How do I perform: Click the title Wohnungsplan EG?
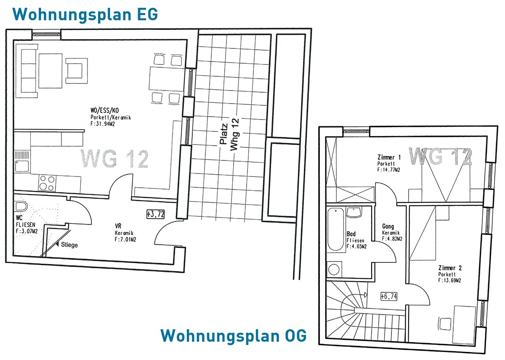click(x=85, y=15)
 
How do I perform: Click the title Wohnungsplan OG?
click(x=234, y=336)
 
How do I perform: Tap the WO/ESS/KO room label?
click(x=105, y=110)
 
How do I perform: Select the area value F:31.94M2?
click(x=103, y=124)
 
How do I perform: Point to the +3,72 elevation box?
click(x=156, y=214)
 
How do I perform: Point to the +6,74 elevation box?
click(x=389, y=296)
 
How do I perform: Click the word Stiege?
click(x=69, y=245)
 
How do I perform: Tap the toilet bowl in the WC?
click(x=21, y=206)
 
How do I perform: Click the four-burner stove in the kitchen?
click(x=47, y=183)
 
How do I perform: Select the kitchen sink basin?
click(x=22, y=166)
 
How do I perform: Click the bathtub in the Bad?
click(x=336, y=229)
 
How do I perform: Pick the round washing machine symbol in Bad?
click(x=334, y=269)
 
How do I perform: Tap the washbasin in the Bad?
click(x=354, y=213)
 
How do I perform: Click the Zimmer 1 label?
click(x=389, y=157)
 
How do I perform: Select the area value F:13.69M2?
click(x=449, y=280)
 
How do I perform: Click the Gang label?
click(x=388, y=226)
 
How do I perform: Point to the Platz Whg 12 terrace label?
click(x=229, y=134)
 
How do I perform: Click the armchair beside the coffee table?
click(x=77, y=71)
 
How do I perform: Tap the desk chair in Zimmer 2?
click(x=445, y=325)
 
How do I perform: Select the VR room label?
click(x=118, y=226)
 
